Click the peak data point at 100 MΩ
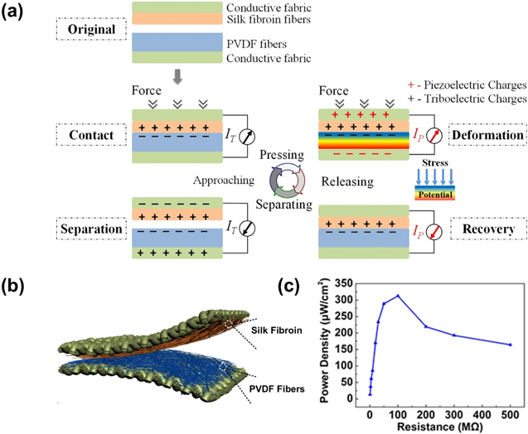pos(398,296)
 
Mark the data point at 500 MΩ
pos(510,345)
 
